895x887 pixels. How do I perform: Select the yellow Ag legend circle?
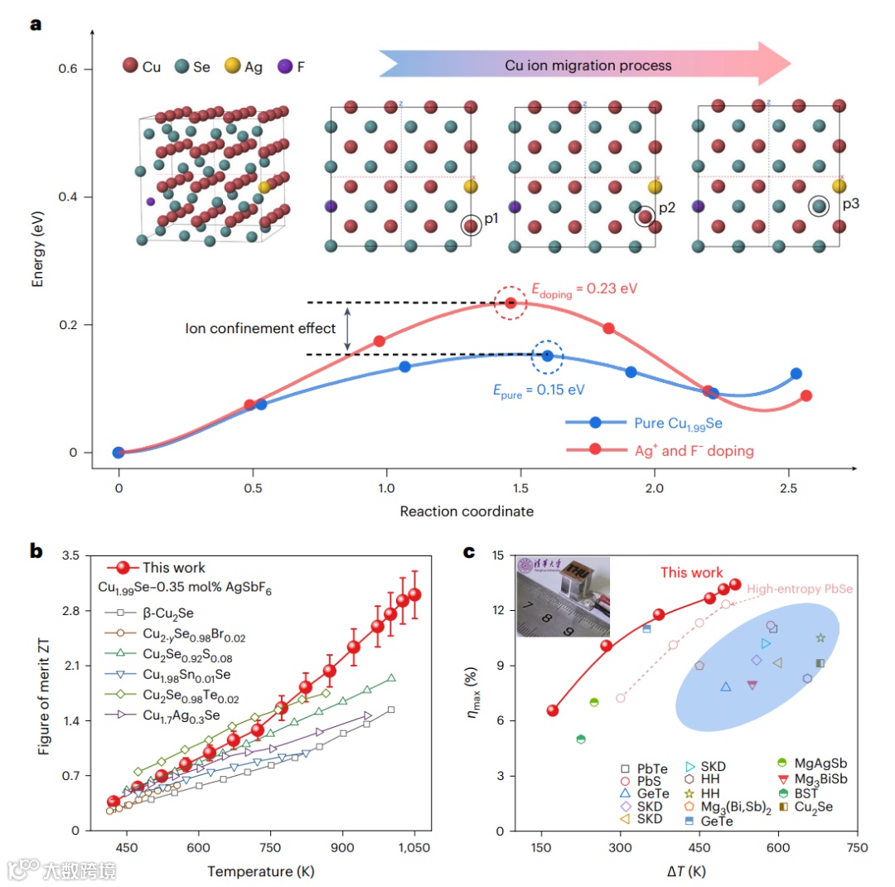(233, 65)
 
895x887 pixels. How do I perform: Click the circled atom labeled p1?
(471, 225)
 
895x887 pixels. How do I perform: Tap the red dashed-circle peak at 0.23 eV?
(510, 303)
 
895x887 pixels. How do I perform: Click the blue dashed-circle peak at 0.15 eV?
(547, 356)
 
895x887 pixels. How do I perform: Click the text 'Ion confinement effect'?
(259, 328)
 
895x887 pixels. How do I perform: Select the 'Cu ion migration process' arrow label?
(588, 65)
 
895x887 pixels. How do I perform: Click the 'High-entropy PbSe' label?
(800, 589)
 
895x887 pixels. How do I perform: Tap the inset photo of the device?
(563, 597)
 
